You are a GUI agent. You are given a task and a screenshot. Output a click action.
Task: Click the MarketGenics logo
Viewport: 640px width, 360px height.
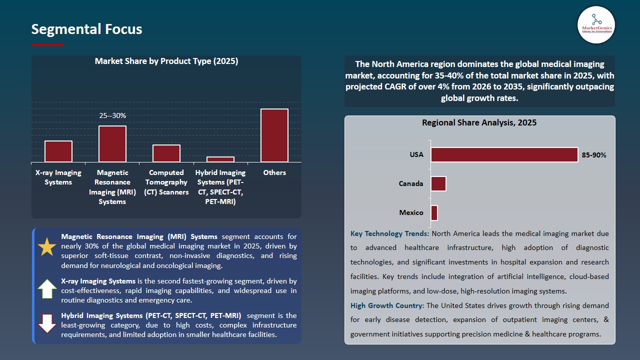(596, 24)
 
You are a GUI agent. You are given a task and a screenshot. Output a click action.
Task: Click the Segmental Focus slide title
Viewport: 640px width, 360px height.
(86, 29)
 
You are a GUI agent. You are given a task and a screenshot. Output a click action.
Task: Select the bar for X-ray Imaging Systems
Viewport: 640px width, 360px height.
(58, 151)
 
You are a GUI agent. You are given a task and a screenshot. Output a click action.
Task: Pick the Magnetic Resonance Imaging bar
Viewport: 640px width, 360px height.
(112, 144)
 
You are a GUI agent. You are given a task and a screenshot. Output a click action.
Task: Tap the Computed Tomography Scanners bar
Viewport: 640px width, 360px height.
(166, 153)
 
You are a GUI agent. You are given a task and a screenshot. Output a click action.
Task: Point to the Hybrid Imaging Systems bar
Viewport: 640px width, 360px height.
(220, 159)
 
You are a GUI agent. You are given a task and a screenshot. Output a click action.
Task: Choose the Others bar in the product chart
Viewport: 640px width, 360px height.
(274, 135)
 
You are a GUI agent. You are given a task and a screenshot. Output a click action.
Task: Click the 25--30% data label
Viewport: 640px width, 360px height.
(112, 115)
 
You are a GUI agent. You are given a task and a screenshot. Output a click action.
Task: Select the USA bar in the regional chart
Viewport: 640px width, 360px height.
(504, 154)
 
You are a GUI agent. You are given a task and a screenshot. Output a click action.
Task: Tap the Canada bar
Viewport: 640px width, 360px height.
(438, 183)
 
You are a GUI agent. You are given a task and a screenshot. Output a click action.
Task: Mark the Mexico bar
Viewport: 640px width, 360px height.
(434, 212)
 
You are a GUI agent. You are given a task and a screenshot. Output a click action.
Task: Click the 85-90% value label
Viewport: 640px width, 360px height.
(594, 155)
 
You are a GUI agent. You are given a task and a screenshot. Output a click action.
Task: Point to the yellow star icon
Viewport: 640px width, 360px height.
(47, 247)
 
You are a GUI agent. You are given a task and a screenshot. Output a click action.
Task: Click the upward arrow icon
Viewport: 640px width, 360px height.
(47, 289)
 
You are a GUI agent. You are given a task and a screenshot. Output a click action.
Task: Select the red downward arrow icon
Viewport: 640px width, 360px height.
(47, 323)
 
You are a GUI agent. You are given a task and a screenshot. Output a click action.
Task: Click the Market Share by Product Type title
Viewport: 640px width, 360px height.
(166, 61)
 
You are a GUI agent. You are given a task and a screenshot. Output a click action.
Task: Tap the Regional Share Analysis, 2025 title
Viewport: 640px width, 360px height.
(479, 122)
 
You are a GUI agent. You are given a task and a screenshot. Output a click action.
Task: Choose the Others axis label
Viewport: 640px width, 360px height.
(274, 172)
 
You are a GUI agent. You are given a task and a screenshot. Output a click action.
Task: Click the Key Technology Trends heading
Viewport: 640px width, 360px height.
(389, 233)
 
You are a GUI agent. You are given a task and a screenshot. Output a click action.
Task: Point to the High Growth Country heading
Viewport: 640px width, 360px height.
(387, 305)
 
